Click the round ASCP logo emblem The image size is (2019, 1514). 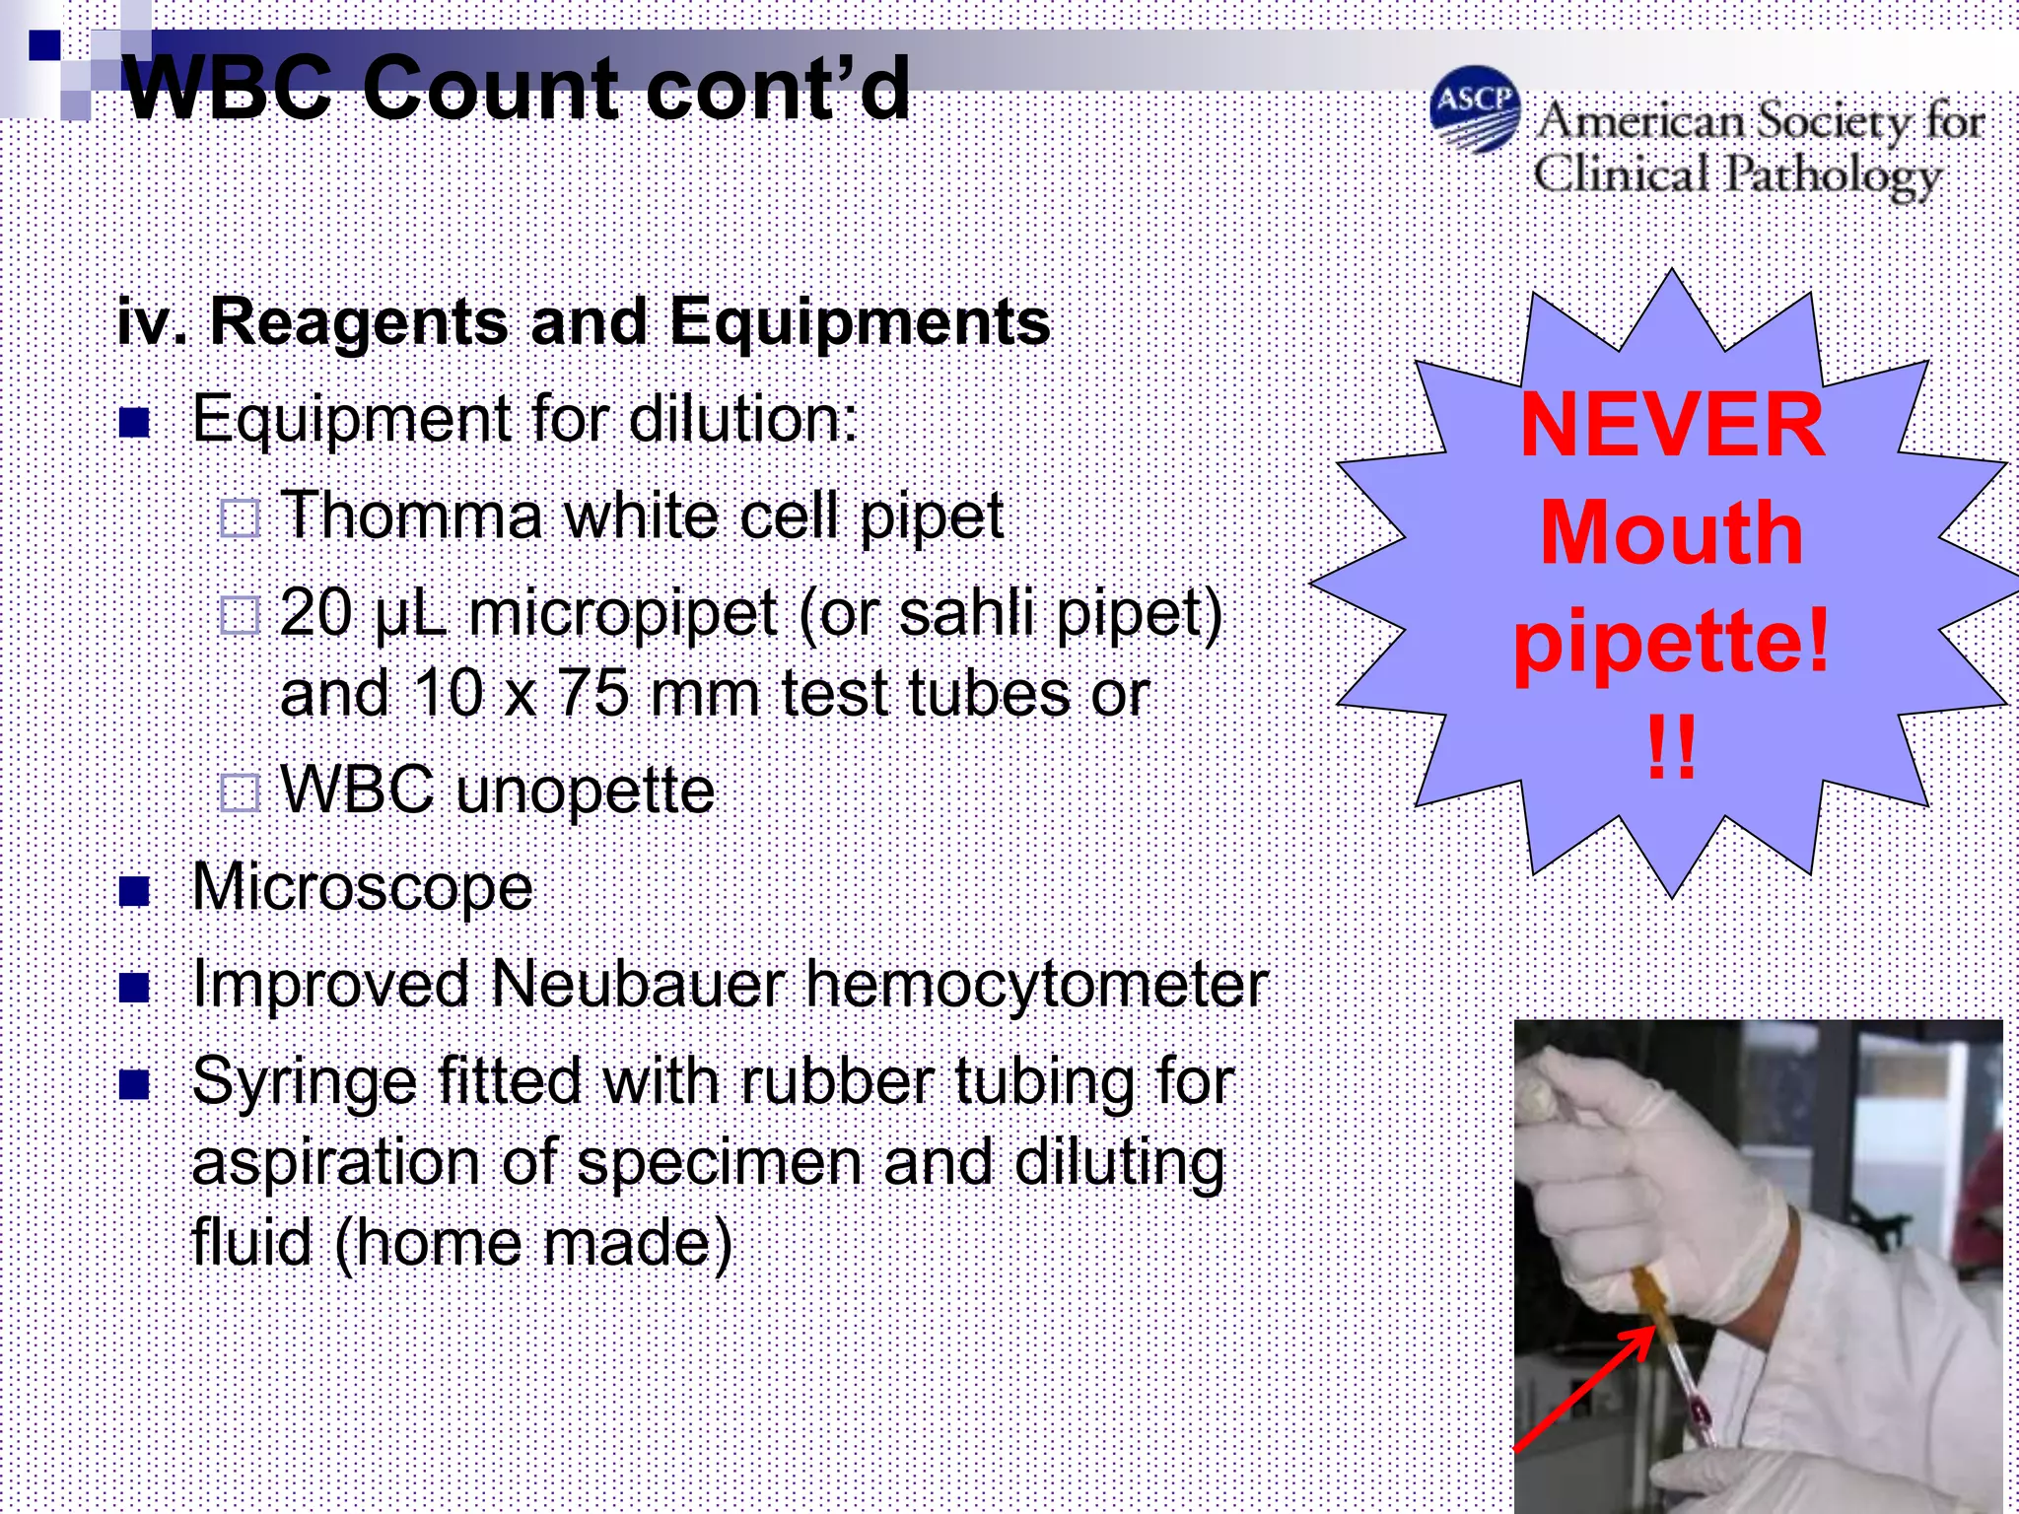pos(1474,109)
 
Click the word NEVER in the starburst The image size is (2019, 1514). pos(1672,425)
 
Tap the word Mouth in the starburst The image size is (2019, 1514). pos(1672,533)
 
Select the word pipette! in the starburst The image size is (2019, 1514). pos(1672,642)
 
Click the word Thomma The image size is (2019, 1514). pos(411,516)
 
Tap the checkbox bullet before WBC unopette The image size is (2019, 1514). pos(240,791)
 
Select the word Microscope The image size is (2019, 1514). pos(362,888)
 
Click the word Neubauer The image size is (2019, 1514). pos(637,985)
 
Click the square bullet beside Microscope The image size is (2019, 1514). pos(133,891)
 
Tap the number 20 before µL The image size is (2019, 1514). pos(316,613)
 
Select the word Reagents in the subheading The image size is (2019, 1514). pos(360,323)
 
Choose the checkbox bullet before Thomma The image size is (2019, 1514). pos(240,517)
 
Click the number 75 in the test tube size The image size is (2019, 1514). pos(592,693)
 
